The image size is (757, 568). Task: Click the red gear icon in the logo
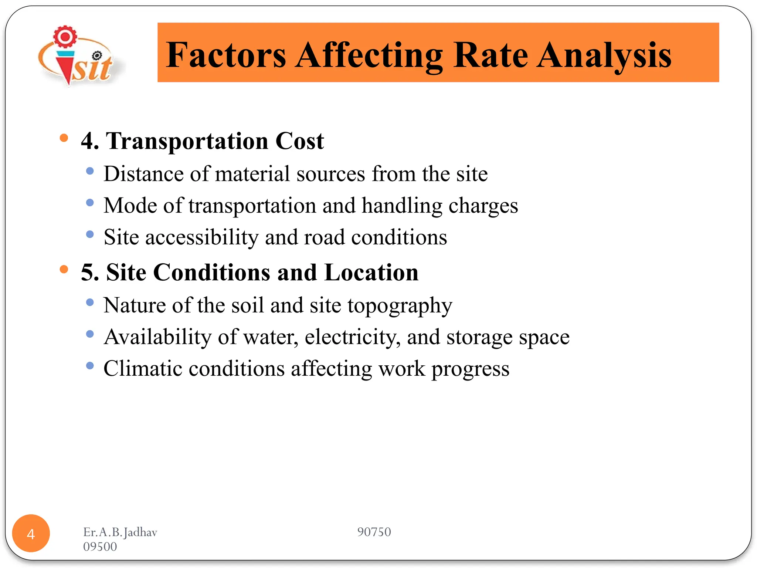point(65,37)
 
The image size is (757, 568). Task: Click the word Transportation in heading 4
point(187,141)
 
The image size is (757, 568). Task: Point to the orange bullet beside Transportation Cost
point(64,138)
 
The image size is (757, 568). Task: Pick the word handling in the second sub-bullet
point(402,206)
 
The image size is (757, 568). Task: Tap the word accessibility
point(202,237)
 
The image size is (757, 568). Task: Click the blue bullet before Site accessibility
point(90,234)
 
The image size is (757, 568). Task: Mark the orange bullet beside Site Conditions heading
point(64,269)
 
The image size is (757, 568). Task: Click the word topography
point(400,306)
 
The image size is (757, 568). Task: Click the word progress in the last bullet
point(470,369)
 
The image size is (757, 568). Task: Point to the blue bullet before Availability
point(90,334)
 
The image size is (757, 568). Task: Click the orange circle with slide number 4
point(31,533)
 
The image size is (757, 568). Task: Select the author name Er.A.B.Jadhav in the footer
point(120,532)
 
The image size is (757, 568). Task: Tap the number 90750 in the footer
point(374,532)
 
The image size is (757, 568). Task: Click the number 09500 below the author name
point(100,547)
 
